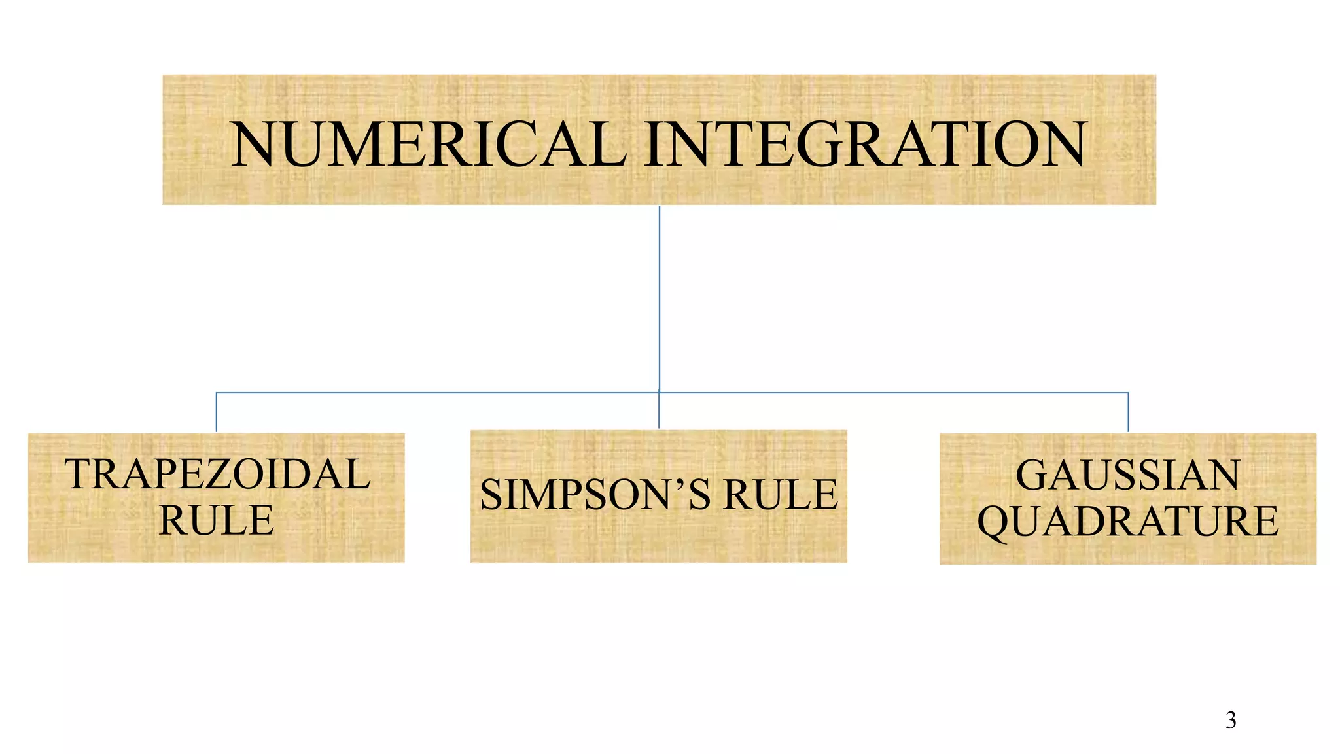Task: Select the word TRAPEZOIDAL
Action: pos(217,474)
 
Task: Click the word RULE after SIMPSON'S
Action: pos(780,494)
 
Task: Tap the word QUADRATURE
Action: pos(1127,521)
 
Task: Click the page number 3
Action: pos(1231,720)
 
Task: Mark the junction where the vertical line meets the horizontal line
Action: pos(660,393)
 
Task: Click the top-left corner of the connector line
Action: pos(217,393)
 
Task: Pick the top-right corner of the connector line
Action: pos(1129,393)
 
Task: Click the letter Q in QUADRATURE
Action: pos(995,522)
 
